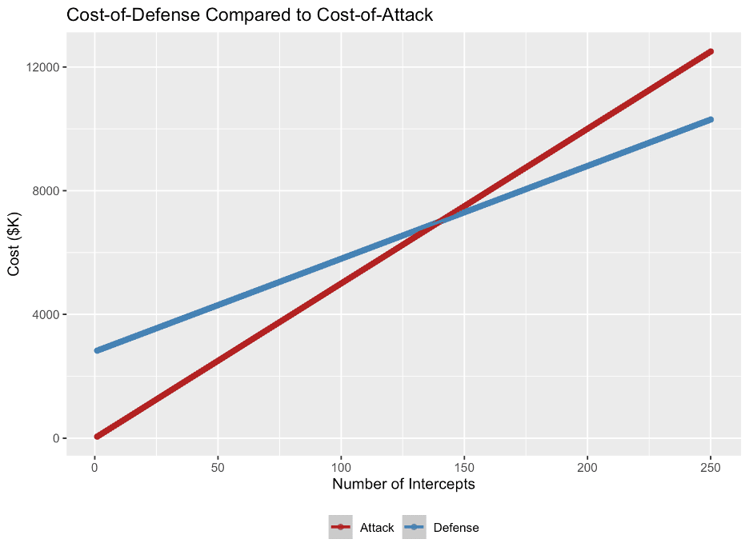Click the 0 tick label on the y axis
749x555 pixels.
click(x=55, y=438)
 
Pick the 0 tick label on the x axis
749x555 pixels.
click(x=94, y=465)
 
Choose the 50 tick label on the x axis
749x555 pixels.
click(x=218, y=465)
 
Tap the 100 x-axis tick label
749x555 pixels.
click(x=341, y=465)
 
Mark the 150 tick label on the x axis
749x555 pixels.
click(x=464, y=465)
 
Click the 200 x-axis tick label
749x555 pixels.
click(x=587, y=465)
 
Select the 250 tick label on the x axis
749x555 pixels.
click(x=711, y=465)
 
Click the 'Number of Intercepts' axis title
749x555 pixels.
click(x=403, y=484)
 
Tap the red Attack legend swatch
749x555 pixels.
click(x=340, y=527)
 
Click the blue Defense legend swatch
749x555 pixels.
click(x=414, y=527)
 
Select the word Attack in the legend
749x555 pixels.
click(x=377, y=528)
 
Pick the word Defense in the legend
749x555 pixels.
click(x=456, y=528)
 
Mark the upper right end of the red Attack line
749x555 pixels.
click(x=710, y=51)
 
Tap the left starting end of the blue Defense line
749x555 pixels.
click(x=97, y=350)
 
